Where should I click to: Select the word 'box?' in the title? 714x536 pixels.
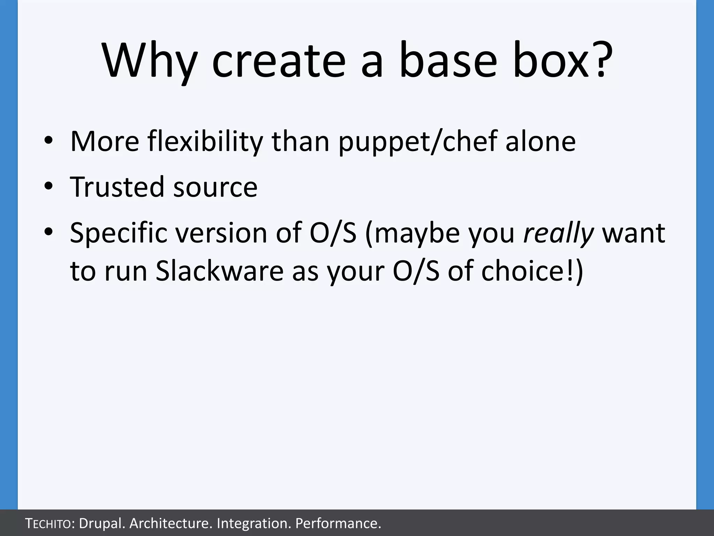point(562,61)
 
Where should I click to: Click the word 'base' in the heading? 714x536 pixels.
point(448,61)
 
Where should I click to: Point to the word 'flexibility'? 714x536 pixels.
point(205,141)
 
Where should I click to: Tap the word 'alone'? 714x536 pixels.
point(540,141)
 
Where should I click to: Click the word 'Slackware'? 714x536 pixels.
point(219,271)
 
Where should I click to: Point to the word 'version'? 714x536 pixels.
point(221,233)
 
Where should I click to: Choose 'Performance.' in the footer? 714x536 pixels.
point(338,523)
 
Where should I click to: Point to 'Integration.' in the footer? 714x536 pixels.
point(253,523)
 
